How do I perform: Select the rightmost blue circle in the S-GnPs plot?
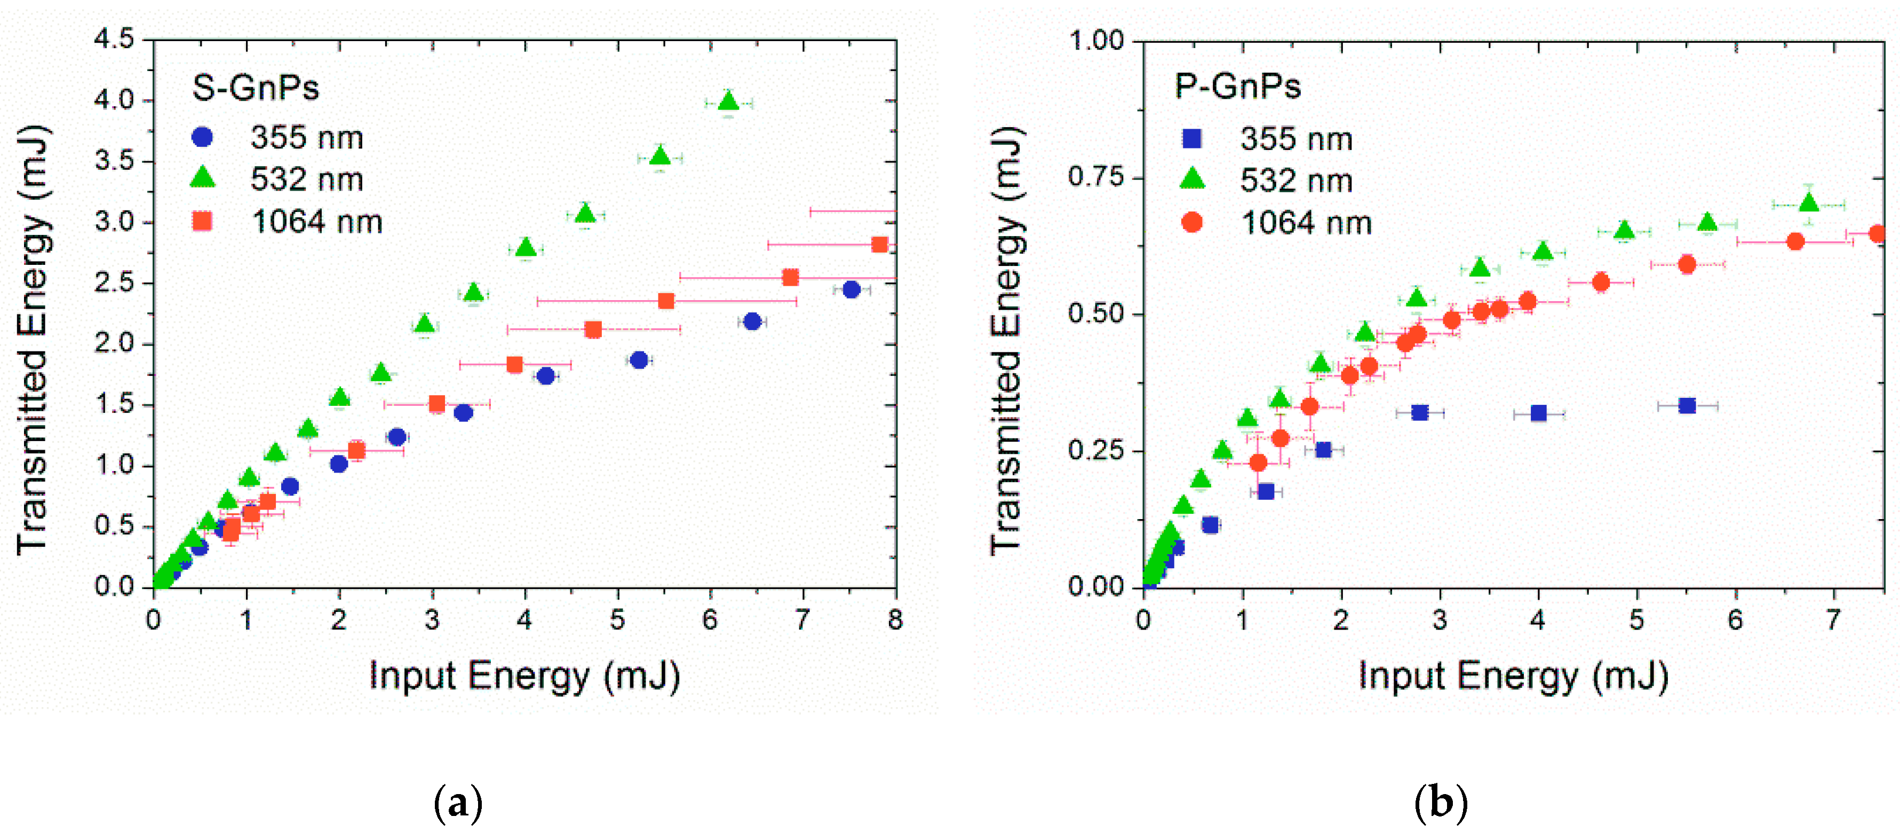[x=851, y=289]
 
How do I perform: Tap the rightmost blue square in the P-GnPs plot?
[x=1686, y=405]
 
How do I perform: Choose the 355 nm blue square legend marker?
[x=1192, y=138]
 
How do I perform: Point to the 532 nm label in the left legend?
[x=307, y=179]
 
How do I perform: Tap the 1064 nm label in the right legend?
[x=1306, y=223]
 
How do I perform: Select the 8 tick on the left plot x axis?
[x=895, y=620]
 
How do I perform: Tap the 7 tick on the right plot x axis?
[x=1834, y=620]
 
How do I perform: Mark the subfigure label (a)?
[x=458, y=803]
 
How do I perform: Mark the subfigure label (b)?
[x=1441, y=803]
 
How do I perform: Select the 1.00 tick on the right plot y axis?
[x=1096, y=40]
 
